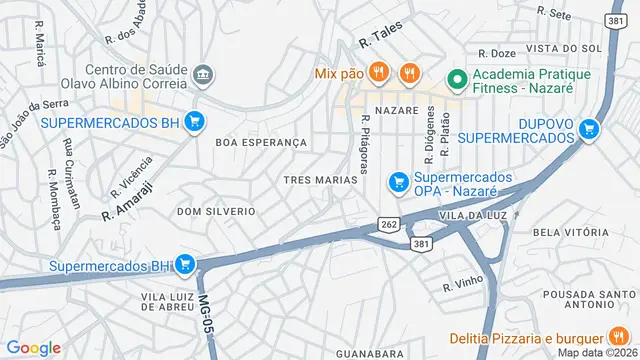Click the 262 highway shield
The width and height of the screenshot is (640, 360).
click(x=389, y=225)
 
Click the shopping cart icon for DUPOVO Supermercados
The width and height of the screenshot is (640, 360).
click(x=590, y=128)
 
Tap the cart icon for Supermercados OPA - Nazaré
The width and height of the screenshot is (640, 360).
click(x=399, y=182)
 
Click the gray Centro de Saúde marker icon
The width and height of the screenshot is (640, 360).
click(x=202, y=74)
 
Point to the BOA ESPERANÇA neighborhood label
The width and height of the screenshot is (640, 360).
click(x=261, y=143)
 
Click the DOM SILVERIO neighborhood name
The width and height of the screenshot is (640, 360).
click(x=216, y=212)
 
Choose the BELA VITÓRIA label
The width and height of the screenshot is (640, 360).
click(x=571, y=232)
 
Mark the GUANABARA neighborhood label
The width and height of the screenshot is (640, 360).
click(x=369, y=353)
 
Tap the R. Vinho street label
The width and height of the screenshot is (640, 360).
click(x=464, y=284)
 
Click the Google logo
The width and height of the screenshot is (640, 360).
click(x=33, y=347)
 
